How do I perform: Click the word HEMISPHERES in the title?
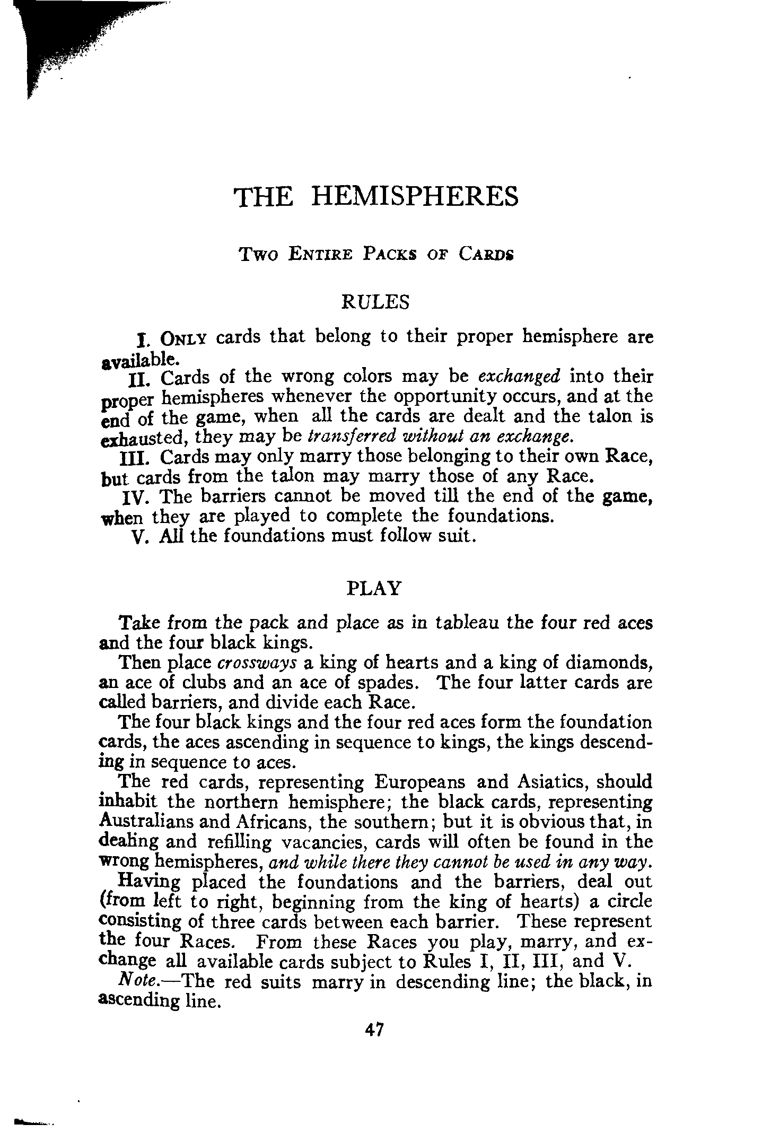[414, 196]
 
